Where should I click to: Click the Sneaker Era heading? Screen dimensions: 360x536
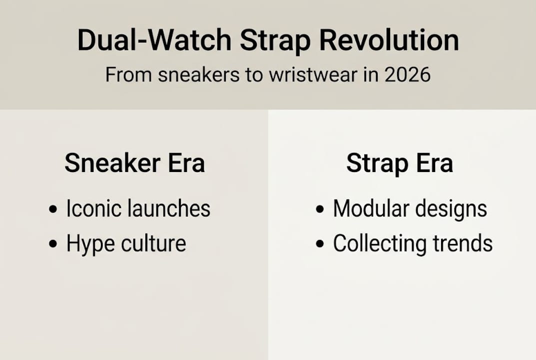[134, 163]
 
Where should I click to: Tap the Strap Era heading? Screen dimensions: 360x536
[399, 163]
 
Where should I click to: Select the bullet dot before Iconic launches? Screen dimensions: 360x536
[53, 209]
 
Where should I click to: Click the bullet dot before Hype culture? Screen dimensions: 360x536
[53, 244]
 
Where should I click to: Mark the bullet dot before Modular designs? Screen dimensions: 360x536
[320, 209]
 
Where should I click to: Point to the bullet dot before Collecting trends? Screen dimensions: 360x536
[320, 244]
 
